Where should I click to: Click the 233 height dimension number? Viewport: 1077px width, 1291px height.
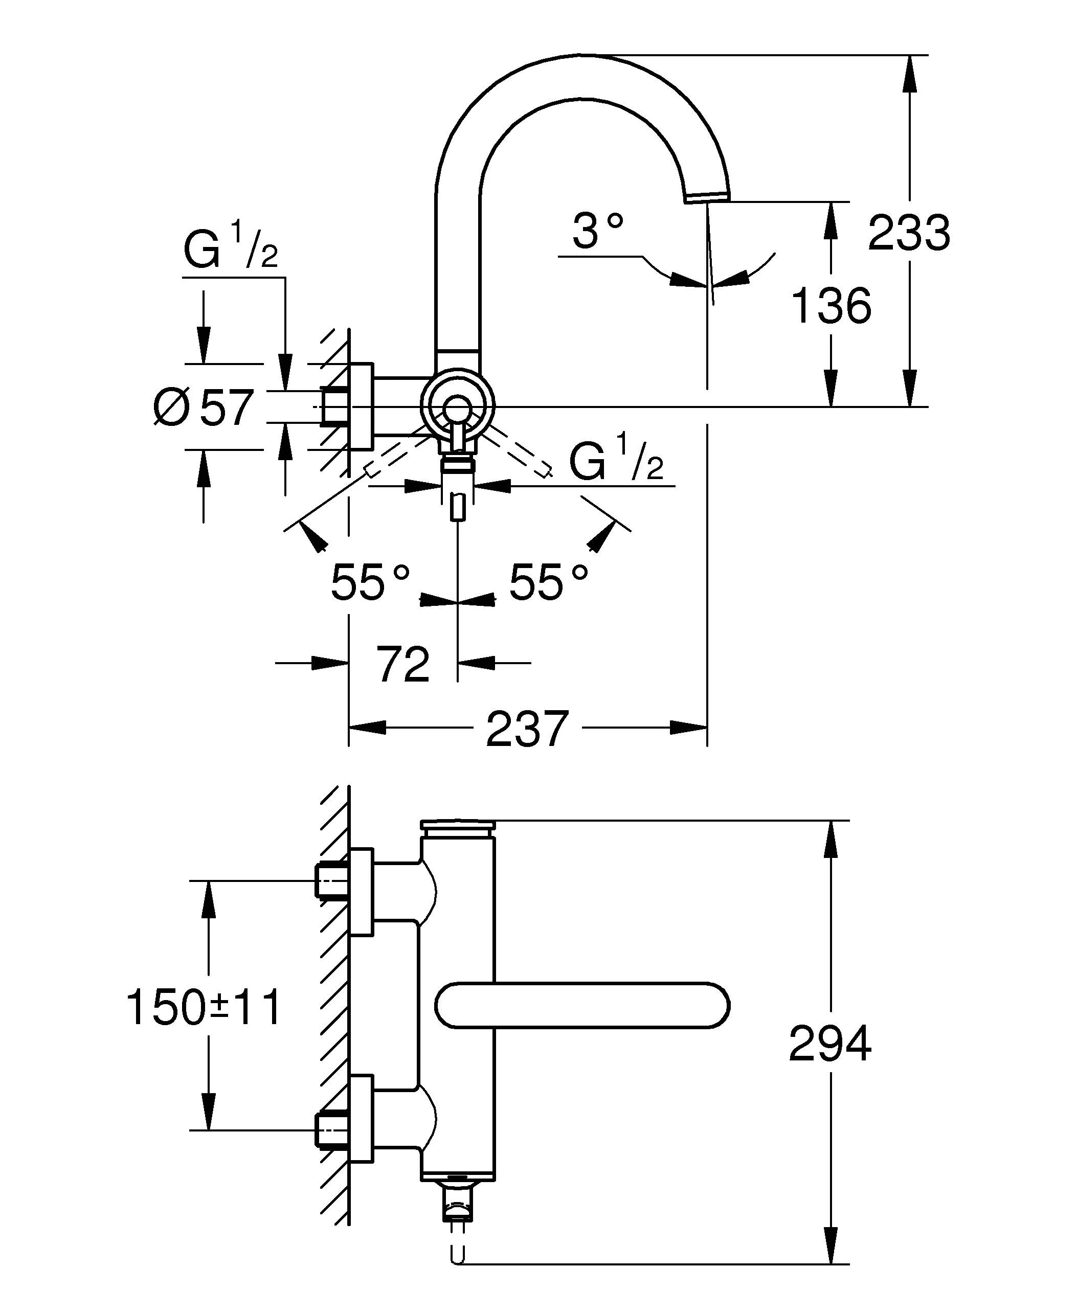[x=909, y=233]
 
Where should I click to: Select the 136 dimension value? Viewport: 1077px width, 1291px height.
[x=832, y=306]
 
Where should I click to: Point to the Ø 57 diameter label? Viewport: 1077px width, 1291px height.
[x=204, y=407]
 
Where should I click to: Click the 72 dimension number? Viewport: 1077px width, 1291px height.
[x=402, y=664]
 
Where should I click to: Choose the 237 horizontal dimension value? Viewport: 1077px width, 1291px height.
[x=527, y=729]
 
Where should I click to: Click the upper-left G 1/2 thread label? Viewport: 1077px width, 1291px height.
[x=231, y=249]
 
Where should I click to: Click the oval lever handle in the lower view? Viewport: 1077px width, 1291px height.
[x=581, y=1005]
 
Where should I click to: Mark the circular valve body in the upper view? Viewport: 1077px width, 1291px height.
[x=457, y=406]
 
